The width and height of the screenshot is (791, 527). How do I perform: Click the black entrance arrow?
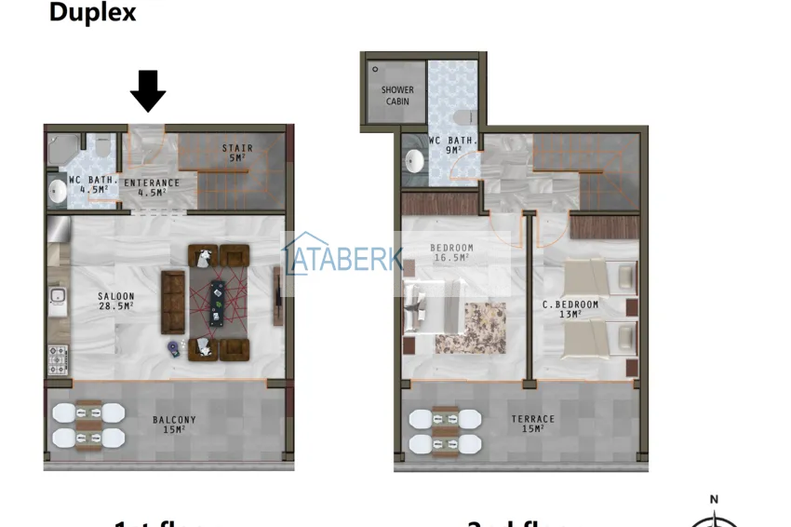coord(148,90)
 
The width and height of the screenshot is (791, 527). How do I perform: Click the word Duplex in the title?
coord(92,13)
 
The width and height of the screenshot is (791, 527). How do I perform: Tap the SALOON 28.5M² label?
coord(116,300)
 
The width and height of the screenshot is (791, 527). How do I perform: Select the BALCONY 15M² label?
coord(174,425)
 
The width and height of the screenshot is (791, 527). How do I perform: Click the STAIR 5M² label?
coord(236,153)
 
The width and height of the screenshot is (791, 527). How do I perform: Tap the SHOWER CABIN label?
coord(397,95)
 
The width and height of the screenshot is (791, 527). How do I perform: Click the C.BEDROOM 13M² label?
coord(570,309)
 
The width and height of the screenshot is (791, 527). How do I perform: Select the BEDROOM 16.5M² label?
coord(452,252)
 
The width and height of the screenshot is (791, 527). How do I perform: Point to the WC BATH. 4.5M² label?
coord(91,184)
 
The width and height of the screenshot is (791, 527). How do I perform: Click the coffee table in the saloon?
coord(217,302)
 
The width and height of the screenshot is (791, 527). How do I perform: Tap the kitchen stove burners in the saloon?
coord(58,358)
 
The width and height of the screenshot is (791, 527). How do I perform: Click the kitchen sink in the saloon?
coord(57,298)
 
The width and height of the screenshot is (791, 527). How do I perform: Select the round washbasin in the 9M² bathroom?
coord(414,162)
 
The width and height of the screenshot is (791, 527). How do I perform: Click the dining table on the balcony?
coord(88,425)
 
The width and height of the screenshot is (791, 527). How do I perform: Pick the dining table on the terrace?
coord(445,431)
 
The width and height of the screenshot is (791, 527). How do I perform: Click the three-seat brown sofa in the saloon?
coord(174,302)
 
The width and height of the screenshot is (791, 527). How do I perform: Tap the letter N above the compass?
coord(714,500)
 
